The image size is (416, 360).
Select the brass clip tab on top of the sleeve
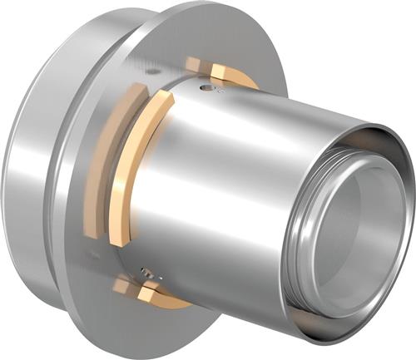194,65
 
